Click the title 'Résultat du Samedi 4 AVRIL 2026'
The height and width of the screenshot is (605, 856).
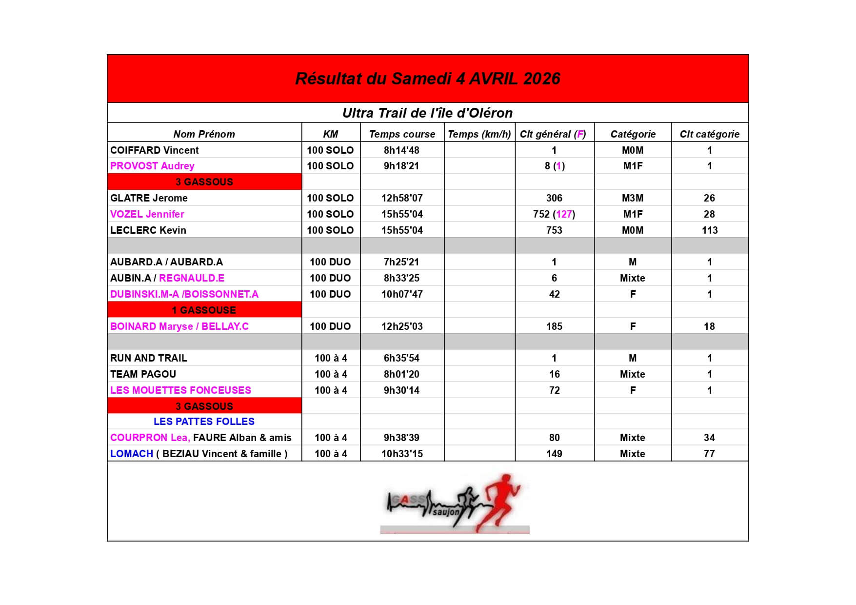[428, 79]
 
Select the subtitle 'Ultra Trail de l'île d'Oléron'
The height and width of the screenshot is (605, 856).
[427, 113]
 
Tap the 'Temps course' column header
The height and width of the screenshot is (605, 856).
[402, 134]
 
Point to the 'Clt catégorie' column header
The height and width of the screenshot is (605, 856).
[709, 134]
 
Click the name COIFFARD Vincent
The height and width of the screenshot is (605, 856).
[155, 150]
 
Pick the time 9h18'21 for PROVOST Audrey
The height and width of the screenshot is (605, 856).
[401, 166]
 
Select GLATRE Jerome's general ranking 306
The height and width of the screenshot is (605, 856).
[554, 198]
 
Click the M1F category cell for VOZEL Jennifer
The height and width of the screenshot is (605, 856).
[633, 214]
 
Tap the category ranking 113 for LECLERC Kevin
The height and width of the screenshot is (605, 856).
[710, 230]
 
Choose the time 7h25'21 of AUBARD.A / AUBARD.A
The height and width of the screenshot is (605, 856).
[401, 262]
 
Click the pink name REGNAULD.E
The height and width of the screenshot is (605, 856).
[192, 278]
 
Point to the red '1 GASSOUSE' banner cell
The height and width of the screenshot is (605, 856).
[204, 310]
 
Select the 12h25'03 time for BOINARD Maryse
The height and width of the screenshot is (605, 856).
[402, 326]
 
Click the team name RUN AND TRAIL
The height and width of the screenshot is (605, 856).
[149, 358]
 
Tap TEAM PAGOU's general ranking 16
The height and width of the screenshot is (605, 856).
[554, 374]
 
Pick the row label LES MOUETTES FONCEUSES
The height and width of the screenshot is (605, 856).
[180, 390]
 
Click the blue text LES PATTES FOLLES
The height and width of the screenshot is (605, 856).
[204, 422]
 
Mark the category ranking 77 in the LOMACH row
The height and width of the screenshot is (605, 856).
[709, 454]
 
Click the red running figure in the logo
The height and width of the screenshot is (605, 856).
[500, 500]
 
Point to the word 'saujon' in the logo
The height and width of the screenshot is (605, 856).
[446, 512]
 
